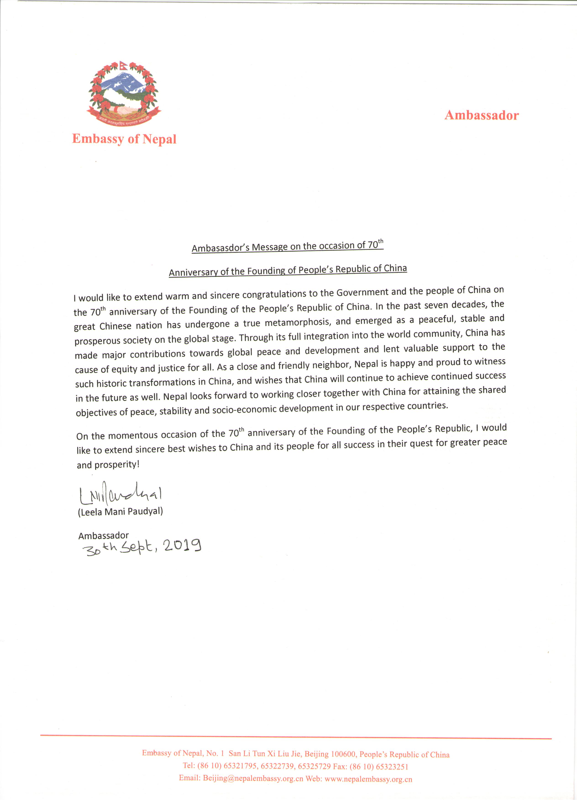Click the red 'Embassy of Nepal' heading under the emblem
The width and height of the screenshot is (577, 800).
[x=124, y=139]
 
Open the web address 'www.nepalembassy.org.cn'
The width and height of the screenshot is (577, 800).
[x=368, y=779]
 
